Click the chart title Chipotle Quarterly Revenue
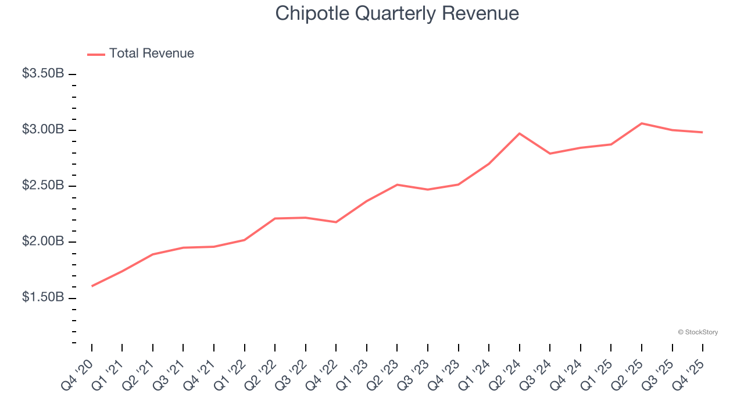(x=397, y=13)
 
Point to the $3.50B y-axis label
(x=43, y=74)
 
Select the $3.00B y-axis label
(x=43, y=130)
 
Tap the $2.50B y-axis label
(x=43, y=186)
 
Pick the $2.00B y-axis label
(x=43, y=242)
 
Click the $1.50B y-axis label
(x=43, y=297)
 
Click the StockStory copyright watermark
(x=697, y=332)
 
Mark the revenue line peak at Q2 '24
(x=519, y=133)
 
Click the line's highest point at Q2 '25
(x=641, y=123)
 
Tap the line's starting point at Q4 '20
(x=92, y=286)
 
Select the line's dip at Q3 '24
(x=550, y=154)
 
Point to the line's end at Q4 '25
(x=702, y=132)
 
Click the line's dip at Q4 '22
(x=336, y=222)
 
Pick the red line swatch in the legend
(x=96, y=54)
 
